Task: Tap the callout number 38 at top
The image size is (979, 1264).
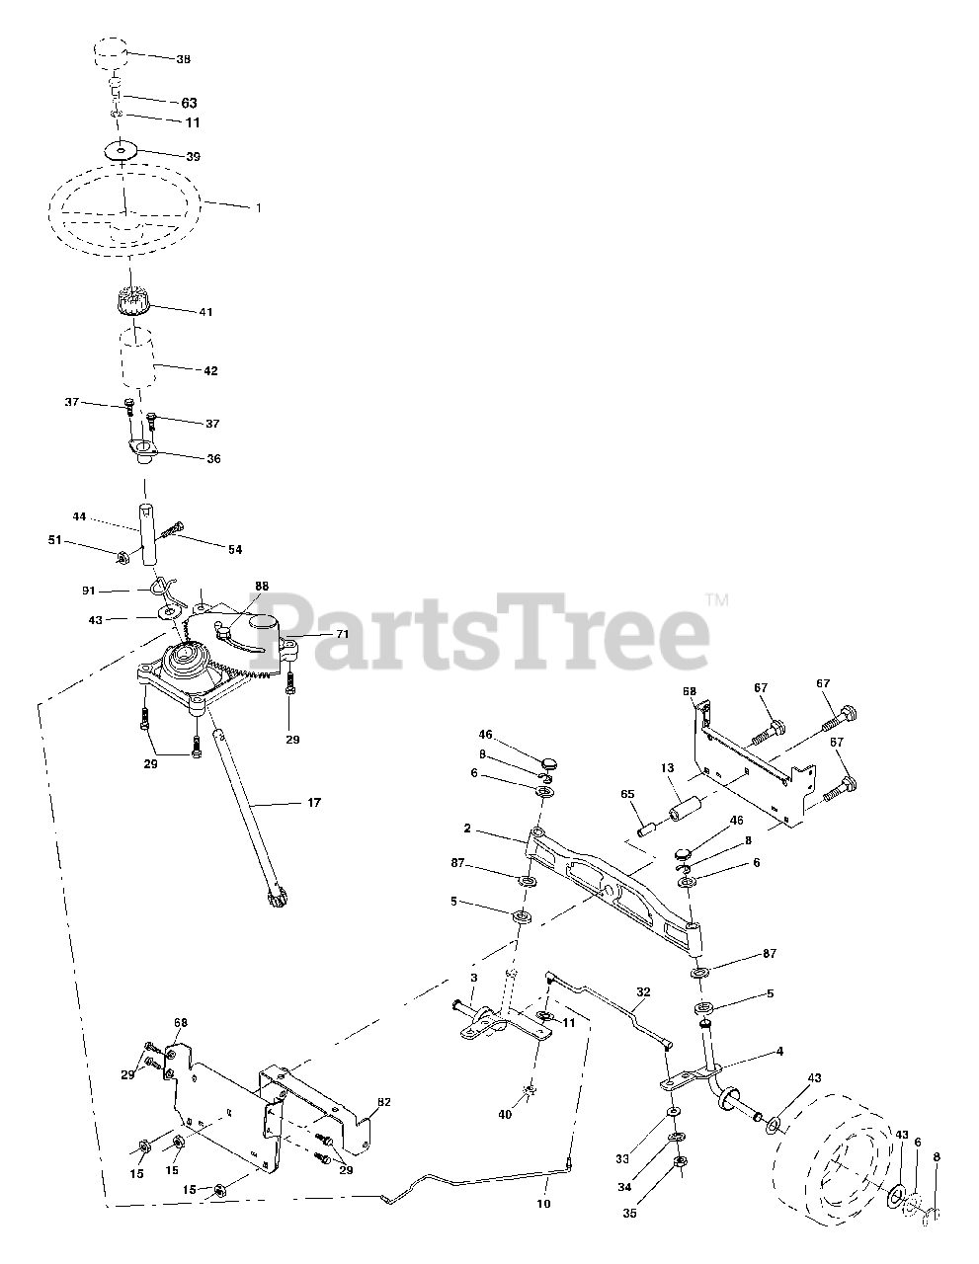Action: coord(183,59)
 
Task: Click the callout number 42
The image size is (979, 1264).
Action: coord(210,371)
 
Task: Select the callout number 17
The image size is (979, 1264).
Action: coord(314,803)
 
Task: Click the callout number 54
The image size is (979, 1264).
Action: coord(235,549)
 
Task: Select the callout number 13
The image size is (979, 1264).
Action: coord(667,768)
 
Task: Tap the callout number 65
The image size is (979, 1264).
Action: coord(627,793)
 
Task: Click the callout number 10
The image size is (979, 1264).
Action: coord(542,1204)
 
